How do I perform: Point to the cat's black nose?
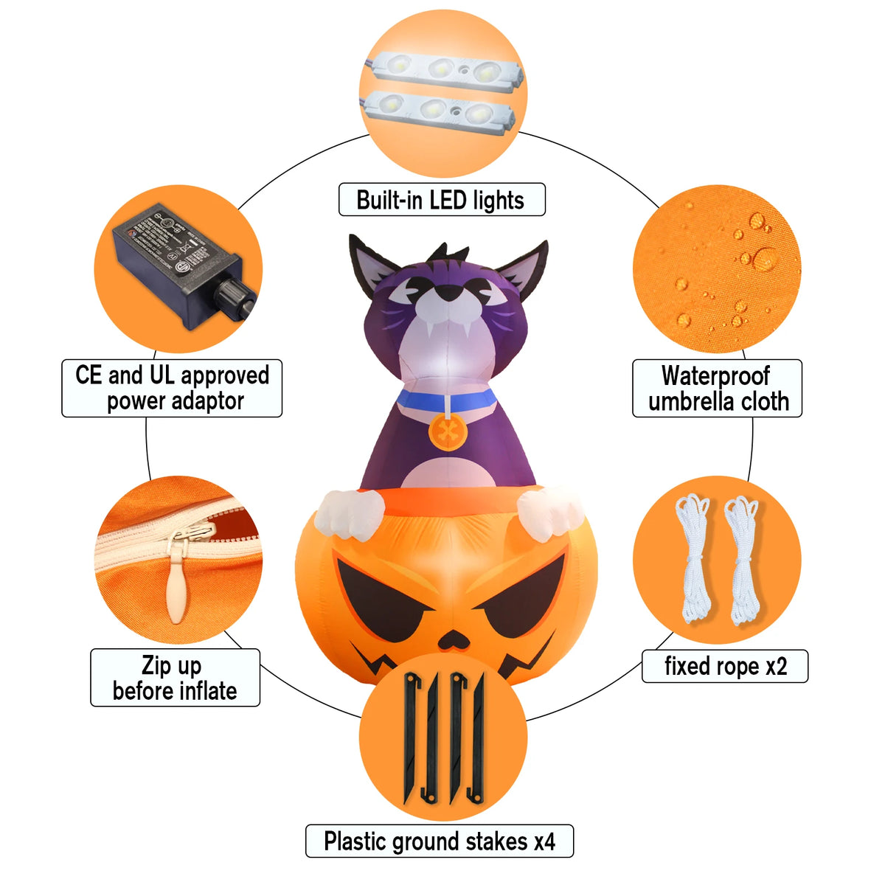pos(448,291)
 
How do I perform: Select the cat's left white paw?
pos(351,514)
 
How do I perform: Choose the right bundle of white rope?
pos(742,560)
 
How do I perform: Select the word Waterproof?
pos(715,375)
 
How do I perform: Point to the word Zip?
pos(158,665)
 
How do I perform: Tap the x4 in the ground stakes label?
pos(545,841)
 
